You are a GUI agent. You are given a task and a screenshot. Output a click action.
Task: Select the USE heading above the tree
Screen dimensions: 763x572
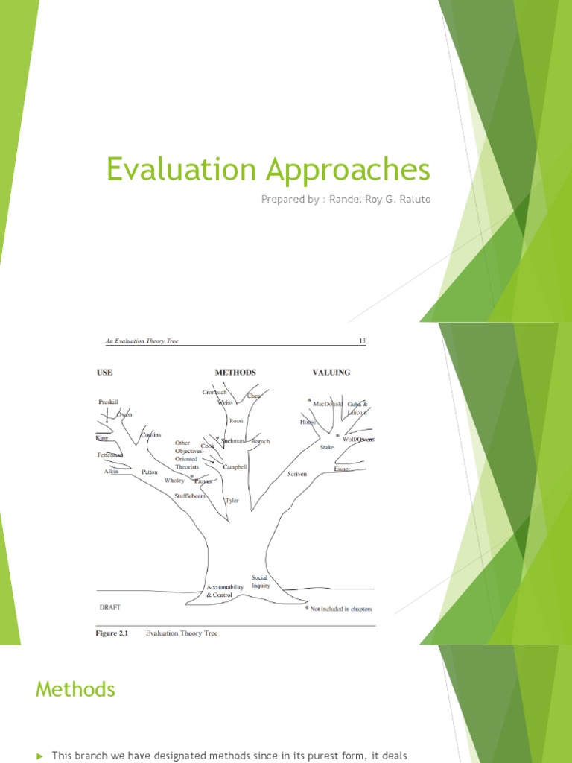[x=104, y=372]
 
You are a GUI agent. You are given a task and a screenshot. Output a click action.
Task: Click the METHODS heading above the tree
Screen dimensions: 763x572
[x=235, y=372]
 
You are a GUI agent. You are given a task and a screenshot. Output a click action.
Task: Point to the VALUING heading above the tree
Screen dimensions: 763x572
[x=330, y=372]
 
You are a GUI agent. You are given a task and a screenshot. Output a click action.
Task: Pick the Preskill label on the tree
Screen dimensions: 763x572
[x=109, y=402]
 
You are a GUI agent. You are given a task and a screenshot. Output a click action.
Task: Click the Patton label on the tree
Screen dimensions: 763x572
[x=150, y=472]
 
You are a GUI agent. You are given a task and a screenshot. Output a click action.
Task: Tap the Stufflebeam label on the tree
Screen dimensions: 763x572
[x=190, y=496]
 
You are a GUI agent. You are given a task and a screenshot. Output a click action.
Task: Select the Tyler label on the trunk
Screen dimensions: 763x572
[x=232, y=501]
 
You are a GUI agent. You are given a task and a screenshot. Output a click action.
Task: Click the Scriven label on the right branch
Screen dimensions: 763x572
[x=296, y=474]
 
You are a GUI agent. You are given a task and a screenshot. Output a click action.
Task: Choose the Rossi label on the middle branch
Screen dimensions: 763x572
[x=236, y=420]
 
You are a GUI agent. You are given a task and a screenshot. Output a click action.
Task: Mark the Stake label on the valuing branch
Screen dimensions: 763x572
[x=327, y=447]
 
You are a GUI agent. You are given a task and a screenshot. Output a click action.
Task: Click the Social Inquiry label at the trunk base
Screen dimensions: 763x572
[x=260, y=581]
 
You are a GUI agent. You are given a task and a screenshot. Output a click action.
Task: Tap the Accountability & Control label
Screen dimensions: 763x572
[x=225, y=591]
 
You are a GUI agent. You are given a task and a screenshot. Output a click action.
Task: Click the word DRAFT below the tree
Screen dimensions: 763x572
[x=110, y=607]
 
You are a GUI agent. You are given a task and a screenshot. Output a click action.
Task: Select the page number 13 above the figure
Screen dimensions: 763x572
[x=363, y=341]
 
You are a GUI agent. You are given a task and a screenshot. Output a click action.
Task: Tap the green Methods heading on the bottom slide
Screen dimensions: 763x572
[x=75, y=689]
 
